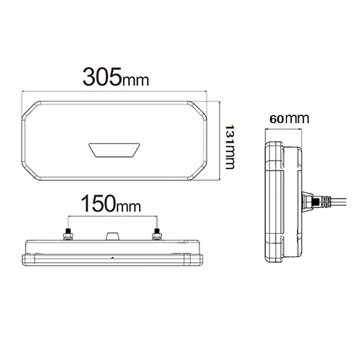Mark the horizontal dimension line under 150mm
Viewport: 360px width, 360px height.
[112, 217]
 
